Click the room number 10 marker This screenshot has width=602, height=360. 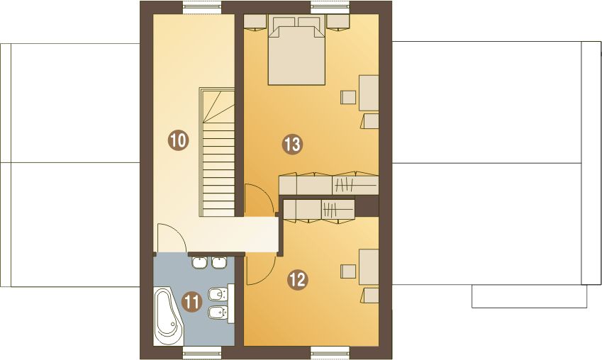click(x=178, y=140)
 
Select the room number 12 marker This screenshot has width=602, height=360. click(x=297, y=280)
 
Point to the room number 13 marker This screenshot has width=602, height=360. click(x=292, y=145)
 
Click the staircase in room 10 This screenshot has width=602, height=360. click(x=218, y=156)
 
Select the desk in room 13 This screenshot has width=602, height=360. click(x=369, y=91)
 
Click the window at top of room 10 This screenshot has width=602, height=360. click(x=202, y=8)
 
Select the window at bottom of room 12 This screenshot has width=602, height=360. click(x=331, y=350)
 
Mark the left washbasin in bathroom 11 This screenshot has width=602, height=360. click(x=200, y=263)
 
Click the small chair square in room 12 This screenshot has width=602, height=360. click(x=348, y=271)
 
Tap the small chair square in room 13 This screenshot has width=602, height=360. click(x=348, y=96)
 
